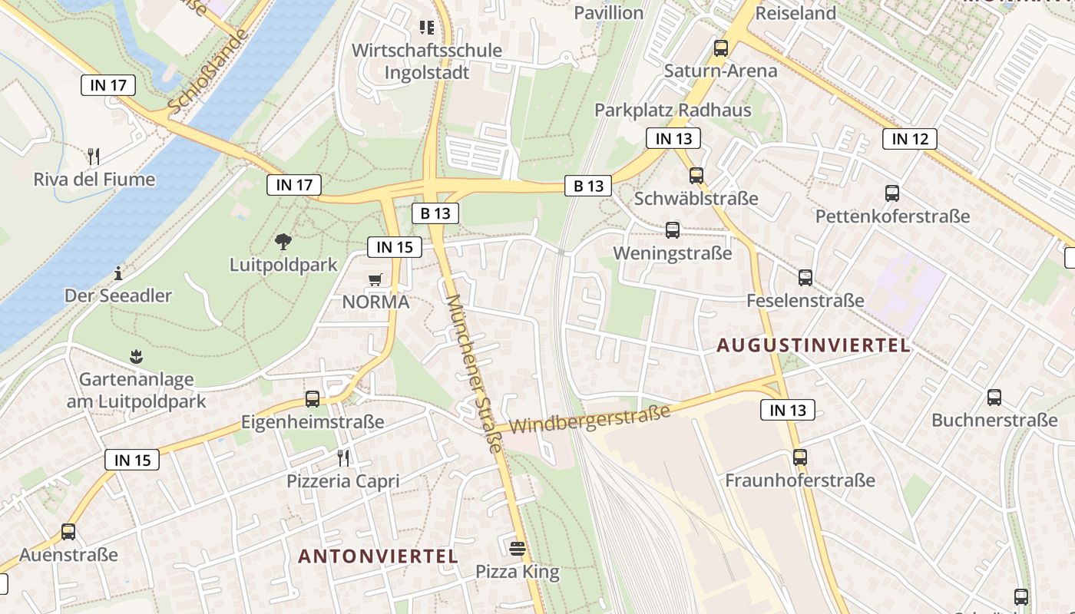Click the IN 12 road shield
(x=910, y=139)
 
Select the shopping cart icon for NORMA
(x=375, y=279)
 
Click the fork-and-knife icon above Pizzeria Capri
(x=343, y=458)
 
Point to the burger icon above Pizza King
(x=518, y=548)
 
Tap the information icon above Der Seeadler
(x=118, y=272)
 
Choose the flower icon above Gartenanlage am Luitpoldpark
(x=137, y=356)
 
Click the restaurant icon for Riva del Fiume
(x=94, y=157)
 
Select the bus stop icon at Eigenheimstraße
(x=313, y=399)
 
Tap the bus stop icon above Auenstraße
(x=68, y=531)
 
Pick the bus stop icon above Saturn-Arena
(x=721, y=48)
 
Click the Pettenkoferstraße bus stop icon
(x=892, y=193)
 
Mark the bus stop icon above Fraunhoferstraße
(x=800, y=457)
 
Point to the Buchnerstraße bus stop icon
(x=994, y=398)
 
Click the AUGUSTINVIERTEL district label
(x=814, y=345)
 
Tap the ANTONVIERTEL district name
(x=378, y=556)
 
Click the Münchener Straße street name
(x=475, y=373)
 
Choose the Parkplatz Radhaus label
(x=673, y=110)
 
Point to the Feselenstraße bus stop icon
(x=805, y=278)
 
